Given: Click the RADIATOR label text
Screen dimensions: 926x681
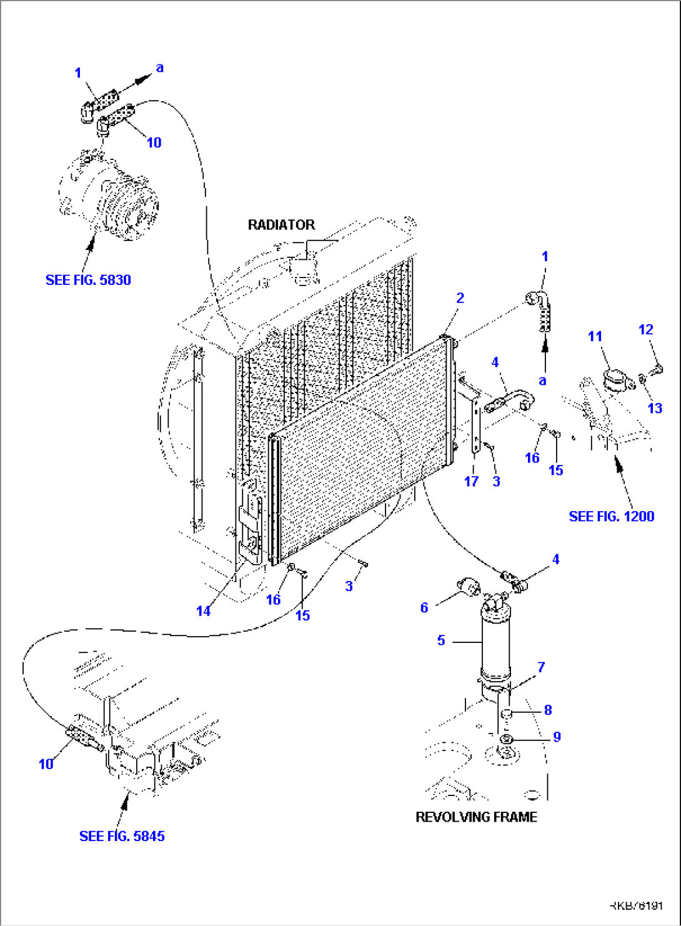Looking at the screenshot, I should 281,225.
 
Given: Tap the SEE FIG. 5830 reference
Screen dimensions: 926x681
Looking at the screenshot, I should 88,280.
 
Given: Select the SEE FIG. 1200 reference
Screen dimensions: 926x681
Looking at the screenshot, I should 611,516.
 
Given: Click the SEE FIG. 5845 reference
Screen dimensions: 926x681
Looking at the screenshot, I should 122,836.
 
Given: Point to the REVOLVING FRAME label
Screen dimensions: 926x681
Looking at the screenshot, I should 476,817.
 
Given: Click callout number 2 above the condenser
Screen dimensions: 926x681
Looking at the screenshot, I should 460,298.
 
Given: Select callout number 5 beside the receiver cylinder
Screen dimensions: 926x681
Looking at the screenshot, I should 441,640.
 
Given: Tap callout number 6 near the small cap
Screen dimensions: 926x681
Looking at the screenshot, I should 424,607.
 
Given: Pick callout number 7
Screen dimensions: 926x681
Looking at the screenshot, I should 541,667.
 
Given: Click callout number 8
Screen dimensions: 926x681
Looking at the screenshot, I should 548,710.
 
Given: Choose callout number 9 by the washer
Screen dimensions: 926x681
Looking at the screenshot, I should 557,737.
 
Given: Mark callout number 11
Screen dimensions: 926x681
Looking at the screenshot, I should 595,337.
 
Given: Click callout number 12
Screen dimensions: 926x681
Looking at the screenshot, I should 646,329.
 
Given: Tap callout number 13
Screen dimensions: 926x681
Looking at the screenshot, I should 655,408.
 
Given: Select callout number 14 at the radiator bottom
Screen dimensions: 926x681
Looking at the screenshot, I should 204,611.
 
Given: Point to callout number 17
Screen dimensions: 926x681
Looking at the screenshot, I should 471,481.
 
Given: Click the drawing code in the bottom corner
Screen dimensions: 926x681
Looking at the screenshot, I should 636,905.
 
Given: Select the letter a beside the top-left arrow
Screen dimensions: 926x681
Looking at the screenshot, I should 160,67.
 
